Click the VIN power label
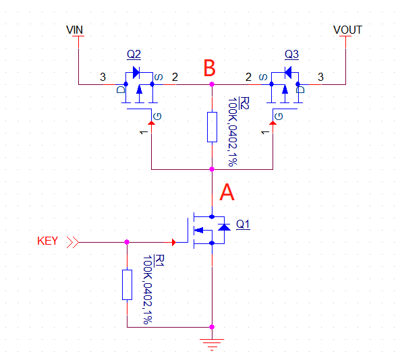[x=74, y=30]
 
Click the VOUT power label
[x=347, y=30]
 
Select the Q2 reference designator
[x=134, y=55]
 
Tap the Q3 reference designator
[x=291, y=55]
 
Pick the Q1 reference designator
[x=243, y=224]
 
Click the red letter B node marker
[x=210, y=68]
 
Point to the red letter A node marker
[x=227, y=192]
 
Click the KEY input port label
[x=47, y=241]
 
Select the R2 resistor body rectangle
[x=212, y=127]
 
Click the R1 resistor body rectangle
[x=127, y=284]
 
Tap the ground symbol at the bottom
[x=212, y=344]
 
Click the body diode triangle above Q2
[x=136, y=73]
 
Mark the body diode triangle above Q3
[x=288, y=73]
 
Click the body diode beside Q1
[x=224, y=227]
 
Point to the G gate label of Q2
[x=157, y=117]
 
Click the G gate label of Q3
[x=279, y=117]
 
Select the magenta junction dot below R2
[x=212, y=169]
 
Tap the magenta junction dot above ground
[x=212, y=327]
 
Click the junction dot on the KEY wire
[x=127, y=242]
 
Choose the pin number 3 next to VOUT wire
[x=321, y=77]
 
